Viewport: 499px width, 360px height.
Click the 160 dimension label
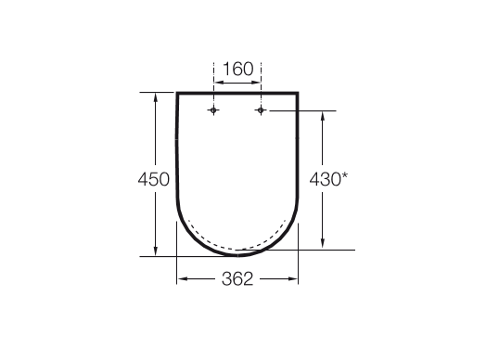[237, 69]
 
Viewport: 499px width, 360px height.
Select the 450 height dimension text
[154, 179]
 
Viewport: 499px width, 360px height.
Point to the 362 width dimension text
[237, 279]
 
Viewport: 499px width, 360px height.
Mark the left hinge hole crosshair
[214, 110]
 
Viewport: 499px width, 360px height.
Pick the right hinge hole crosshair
[261, 110]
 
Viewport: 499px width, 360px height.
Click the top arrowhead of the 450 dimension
[154, 96]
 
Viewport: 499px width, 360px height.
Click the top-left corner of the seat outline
[177, 93]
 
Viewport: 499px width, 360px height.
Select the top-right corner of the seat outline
[298, 93]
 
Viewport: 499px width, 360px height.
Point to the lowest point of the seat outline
[237, 253]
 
